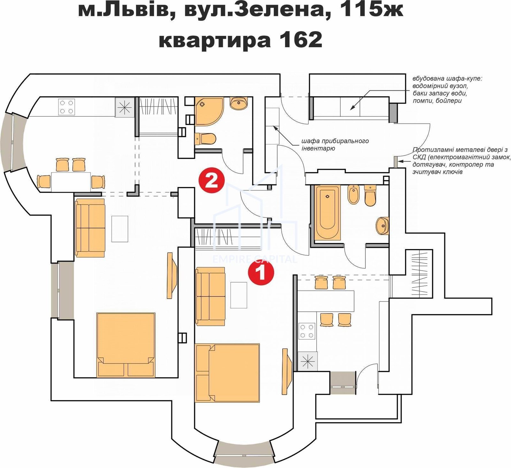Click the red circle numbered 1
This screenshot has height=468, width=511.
[261, 272]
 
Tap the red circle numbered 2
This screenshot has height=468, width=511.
[211, 181]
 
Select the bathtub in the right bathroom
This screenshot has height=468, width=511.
[327, 213]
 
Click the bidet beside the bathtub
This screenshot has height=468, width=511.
[354, 194]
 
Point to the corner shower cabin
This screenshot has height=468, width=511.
[209, 112]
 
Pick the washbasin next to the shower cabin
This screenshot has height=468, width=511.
[238, 104]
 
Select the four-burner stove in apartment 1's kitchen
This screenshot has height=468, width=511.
[307, 331]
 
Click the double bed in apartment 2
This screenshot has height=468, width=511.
[126, 345]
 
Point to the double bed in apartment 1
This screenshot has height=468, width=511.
[227, 373]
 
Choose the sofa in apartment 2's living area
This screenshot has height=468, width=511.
[90, 228]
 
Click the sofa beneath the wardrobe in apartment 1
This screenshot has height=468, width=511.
[210, 296]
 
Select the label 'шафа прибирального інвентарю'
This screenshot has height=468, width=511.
[335, 144]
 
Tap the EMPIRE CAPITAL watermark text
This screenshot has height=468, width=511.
[255, 259]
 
